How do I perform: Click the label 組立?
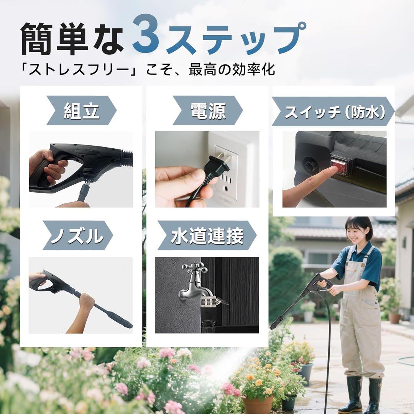pyautogui.click(x=81, y=111)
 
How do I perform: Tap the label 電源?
pyautogui.click(x=208, y=111)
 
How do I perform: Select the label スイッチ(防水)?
pyautogui.click(x=333, y=112)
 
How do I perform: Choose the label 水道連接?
pyautogui.click(x=207, y=236)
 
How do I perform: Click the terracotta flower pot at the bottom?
pyautogui.click(x=257, y=404)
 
